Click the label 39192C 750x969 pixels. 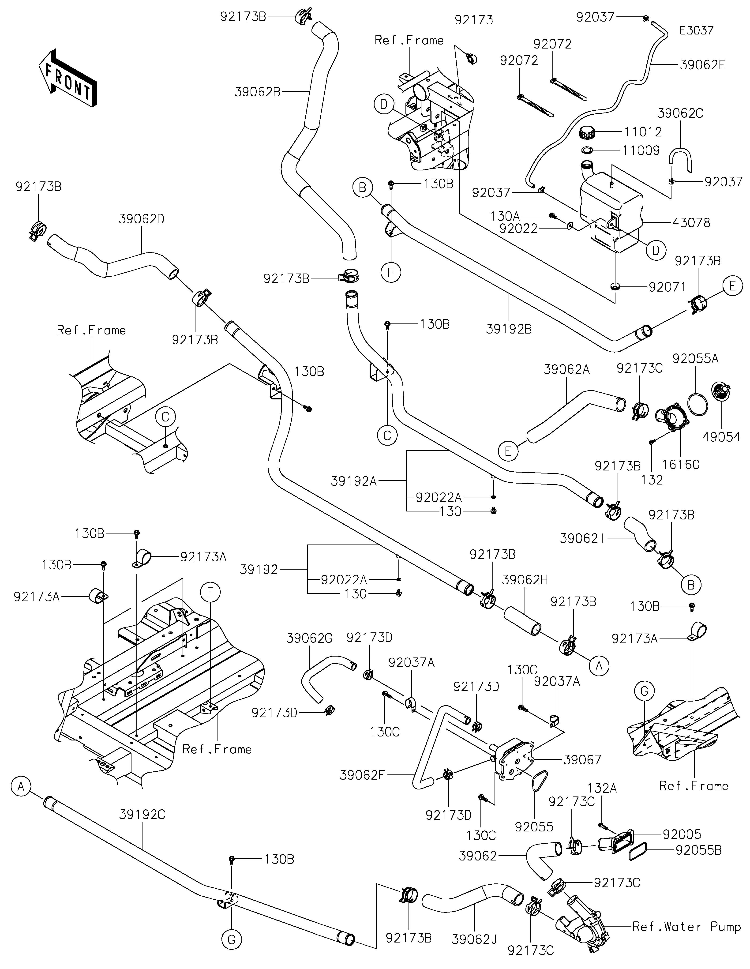[x=142, y=814]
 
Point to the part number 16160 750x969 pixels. [x=681, y=465]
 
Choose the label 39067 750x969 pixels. [x=582, y=759]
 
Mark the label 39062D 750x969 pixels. [x=142, y=219]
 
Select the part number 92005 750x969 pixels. [x=682, y=834]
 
